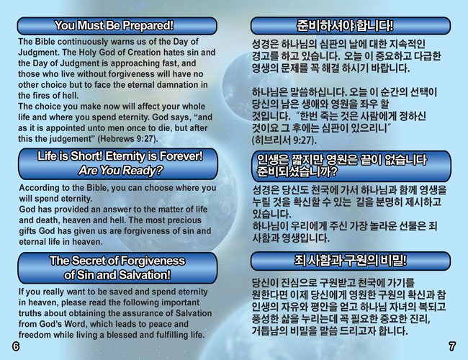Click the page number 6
tap(16, 346)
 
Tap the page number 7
tap(452, 346)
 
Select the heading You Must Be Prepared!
tap(114, 25)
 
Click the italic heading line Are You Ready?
tap(120, 170)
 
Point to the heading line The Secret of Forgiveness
tap(117, 261)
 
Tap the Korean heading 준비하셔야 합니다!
tap(345, 26)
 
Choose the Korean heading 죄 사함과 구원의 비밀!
tap(350, 261)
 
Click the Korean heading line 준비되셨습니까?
tap(297, 171)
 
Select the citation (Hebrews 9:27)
tap(127, 139)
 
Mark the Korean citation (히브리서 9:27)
tap(284, 140)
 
